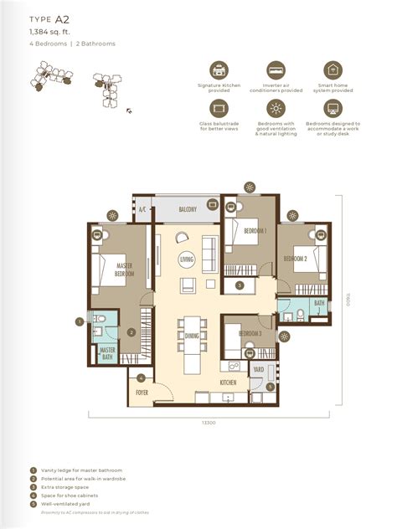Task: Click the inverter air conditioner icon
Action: (x=276, y=69)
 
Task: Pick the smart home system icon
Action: (x=333, y=69)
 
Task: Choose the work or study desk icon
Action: (x=333, y=108)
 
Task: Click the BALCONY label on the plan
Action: (x=187, y=208)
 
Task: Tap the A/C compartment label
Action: (x=142, y=210)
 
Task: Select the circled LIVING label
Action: (x=186, y=260)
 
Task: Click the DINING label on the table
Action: (x=192, y=336)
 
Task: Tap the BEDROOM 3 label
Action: (x=250, y=334)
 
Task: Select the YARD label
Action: (x=259, y=368)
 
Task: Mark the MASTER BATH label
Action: (x=107, y=354)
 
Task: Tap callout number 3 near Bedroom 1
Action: (x=240, y=285)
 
